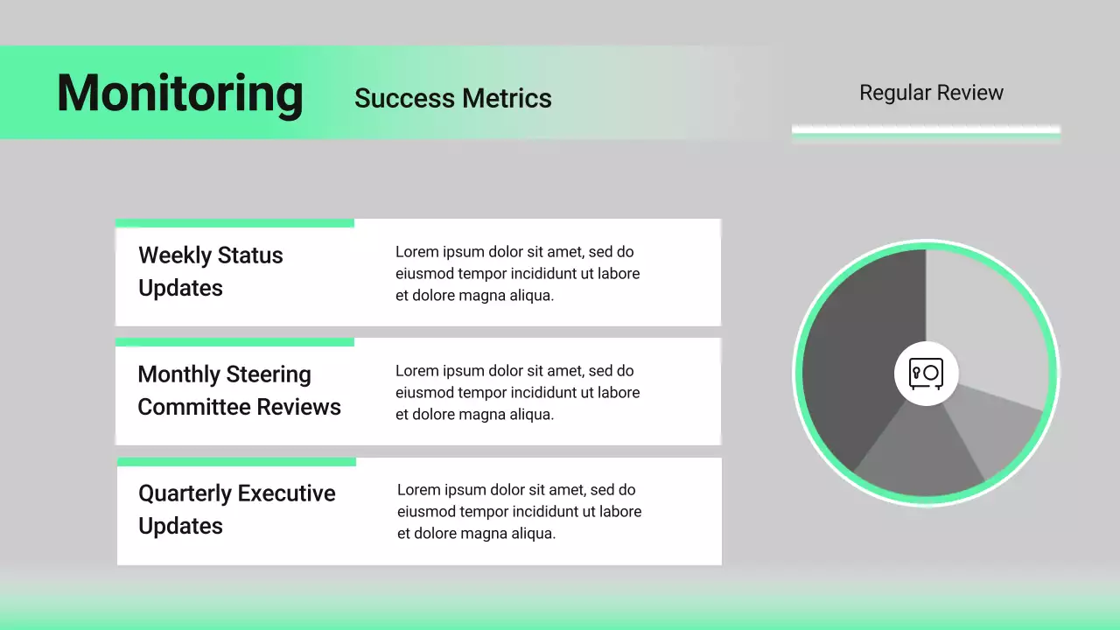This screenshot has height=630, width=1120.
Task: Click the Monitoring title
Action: pyautogui.click(x=179, y=93)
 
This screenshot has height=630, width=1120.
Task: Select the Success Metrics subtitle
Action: pyautogui.click(x=452, y=98)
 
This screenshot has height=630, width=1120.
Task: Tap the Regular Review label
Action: pyautogui.click(x=931, y=93)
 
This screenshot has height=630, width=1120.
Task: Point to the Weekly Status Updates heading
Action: pyautogui.click(x=210, y=271)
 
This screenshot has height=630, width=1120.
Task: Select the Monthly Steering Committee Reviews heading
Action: pyautogui.click(x=239, y=390)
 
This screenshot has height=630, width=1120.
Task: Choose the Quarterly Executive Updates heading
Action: pyautogui.click(x=236, y=509)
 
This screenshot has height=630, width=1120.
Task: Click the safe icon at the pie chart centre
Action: pyautogui.click(x=926, y=374)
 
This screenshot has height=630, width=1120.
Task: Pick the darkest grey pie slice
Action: pyautogui.click(x=857, y=359)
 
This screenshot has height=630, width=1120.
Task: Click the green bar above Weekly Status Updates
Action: pyautogui.click(x=234, y=223)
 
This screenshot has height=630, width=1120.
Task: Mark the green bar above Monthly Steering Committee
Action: pyautogui.click(x=234, y=342)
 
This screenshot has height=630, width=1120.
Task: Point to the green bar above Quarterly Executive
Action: pyautogui.click(x=236, y=461)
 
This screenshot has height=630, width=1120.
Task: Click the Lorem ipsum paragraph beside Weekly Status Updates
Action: pyautogui.click(x=517, y=273)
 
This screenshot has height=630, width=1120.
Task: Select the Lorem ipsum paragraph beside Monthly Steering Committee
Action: pyautogui.click(x=517, y=392)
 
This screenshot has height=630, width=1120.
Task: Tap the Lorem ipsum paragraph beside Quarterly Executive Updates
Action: pyautogui.click(x=519, y=511)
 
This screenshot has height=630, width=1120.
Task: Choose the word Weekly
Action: pyautogui.click(x=174, y=255)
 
